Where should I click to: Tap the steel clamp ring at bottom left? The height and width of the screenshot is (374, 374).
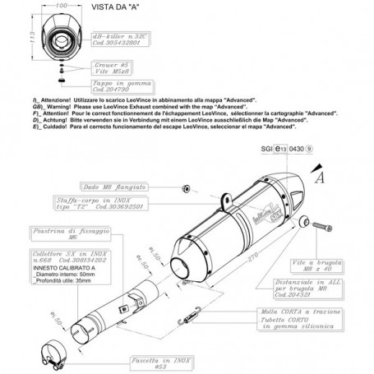pos(48,349)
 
